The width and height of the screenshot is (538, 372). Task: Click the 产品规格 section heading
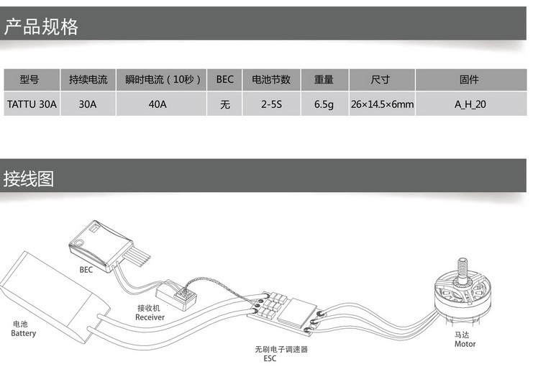[41, 28]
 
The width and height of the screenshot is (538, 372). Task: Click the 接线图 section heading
[29, 178]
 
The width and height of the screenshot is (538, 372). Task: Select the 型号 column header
[29, 80]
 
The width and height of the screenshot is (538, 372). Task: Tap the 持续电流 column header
[88, 80]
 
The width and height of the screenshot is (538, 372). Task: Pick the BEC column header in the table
[225, 80]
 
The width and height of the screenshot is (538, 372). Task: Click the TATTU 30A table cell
[32, 104]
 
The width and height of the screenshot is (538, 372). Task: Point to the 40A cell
[158, 104]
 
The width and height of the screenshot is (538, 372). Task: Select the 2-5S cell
[271, 104]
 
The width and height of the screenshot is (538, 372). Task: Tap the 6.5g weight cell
[324, 104]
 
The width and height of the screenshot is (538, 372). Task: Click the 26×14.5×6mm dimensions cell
[382, 104]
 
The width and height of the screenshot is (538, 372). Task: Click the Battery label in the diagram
[23, 333]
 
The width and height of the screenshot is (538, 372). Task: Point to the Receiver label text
[150, 317]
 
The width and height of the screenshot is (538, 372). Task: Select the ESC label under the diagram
[270, 358]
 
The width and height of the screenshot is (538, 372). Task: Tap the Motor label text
[465, 344]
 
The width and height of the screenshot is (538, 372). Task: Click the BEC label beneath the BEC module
[86, 270]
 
